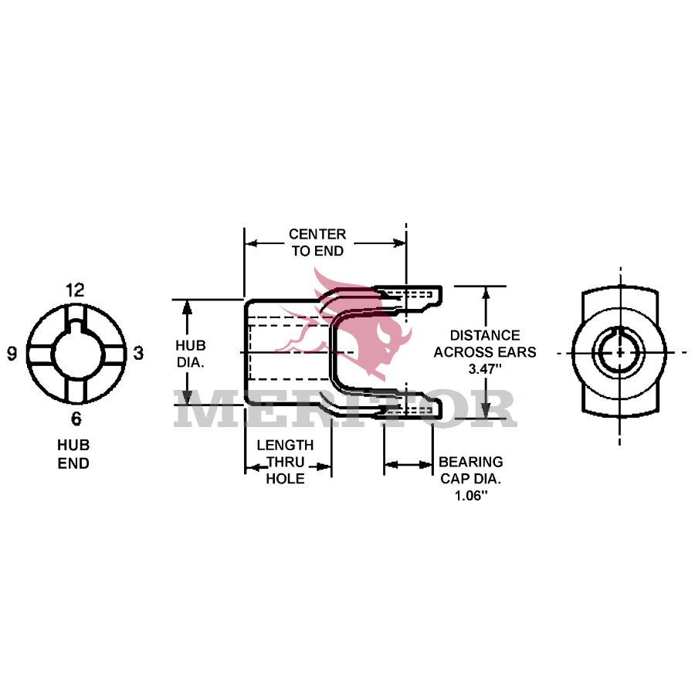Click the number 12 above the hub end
(75, 290)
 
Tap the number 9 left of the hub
(12, 354)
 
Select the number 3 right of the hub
(139, 354)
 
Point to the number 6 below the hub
(76, 419)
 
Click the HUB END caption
(73, 455)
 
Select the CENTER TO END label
(317, 242)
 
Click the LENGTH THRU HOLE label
(285, 462)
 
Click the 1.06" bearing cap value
(470, 496)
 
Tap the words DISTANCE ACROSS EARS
(485, 344)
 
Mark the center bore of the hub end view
(76, 354)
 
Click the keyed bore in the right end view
(619, 352)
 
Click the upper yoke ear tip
(436, 294)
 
